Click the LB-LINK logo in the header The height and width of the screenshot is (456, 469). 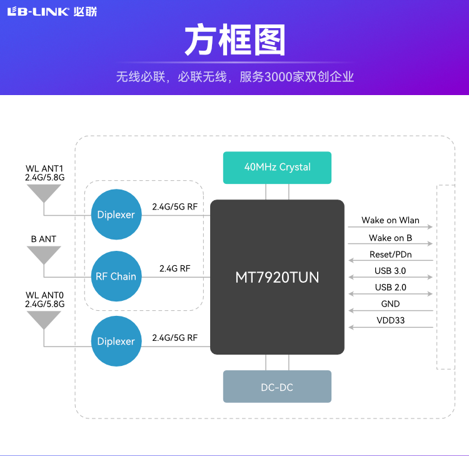(x=52, y=12)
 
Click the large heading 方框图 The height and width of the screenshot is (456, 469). (x=234, y=41)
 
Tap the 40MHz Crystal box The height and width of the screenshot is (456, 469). (x=277, y=167)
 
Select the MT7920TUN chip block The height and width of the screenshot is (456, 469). (x=277, y=277)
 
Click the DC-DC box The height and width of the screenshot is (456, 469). (x=277, y=387)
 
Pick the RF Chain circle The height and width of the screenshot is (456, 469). (x=116, y=276)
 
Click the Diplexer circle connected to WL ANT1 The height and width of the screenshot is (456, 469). (x=116, y=215)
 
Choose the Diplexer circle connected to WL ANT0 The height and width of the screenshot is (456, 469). (x=116, y=342)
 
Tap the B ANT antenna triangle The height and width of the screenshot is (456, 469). (x=44, y=255)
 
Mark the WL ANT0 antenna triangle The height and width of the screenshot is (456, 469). (x=44, y=319)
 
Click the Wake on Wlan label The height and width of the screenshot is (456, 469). (x=390, y=221)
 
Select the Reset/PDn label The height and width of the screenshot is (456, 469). (x=390, y=255)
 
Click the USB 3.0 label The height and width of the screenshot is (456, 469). (x=390, y=271)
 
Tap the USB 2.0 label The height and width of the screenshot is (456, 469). (x=390, y=288)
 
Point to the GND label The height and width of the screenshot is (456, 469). (x=390, y=304)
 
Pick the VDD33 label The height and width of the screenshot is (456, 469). (x=390, y=320)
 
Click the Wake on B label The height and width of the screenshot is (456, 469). (x=390, y=238)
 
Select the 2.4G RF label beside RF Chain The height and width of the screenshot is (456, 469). (x=174, y=268)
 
